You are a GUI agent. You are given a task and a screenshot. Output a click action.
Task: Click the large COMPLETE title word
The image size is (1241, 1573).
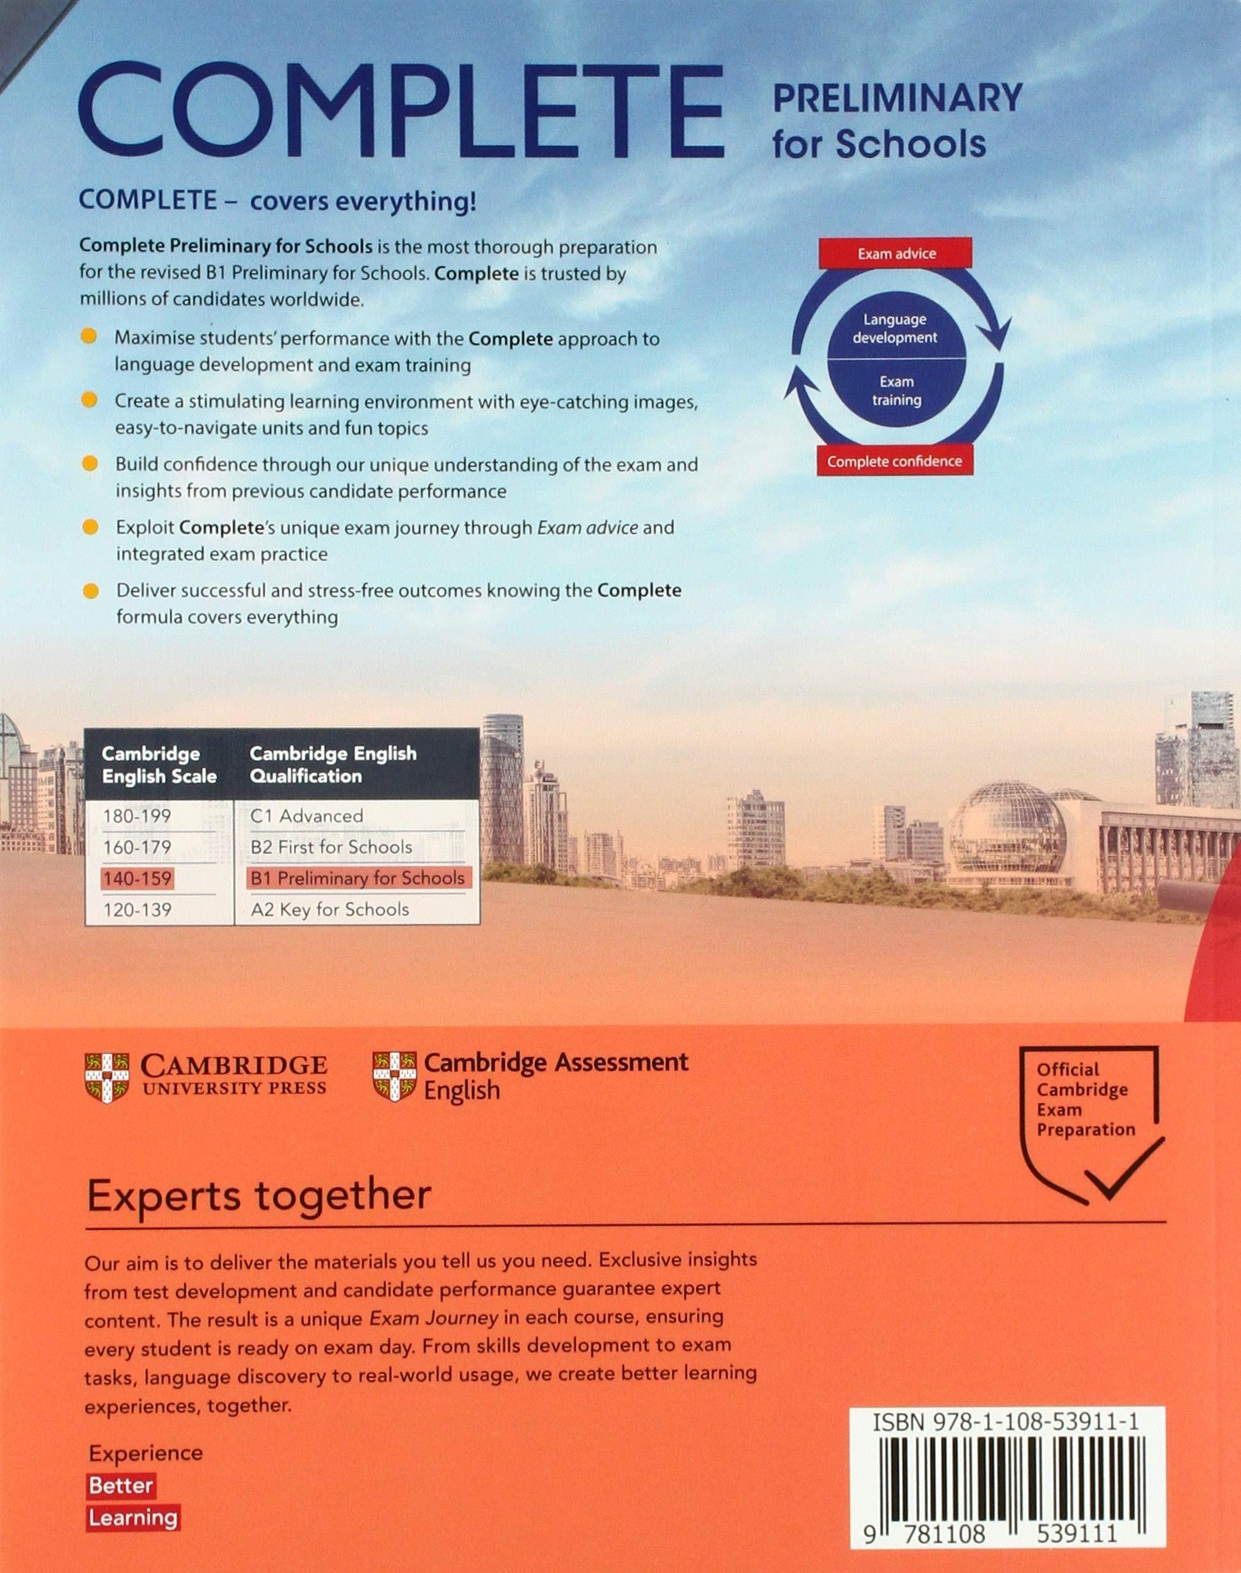[x=401, y=111]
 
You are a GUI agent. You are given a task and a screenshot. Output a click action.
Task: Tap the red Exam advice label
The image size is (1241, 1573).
[x=896, y=253]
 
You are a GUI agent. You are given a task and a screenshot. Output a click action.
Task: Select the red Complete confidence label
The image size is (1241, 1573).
[x=894, y=461]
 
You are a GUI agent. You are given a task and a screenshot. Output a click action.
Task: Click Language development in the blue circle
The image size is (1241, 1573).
[x=895, y=328]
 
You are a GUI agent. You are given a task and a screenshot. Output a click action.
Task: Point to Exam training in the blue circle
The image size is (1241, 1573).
[x=897, y=391]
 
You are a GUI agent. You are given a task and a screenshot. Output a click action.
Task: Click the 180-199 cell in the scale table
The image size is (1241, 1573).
[x=138, y=816]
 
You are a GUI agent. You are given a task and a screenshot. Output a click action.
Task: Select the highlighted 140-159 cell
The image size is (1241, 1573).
[x=138, y=878]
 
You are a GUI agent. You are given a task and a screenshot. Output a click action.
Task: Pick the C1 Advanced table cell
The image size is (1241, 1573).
[x=306, y=816]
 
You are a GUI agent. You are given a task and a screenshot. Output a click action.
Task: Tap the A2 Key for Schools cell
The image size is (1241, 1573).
[x=330, y=910]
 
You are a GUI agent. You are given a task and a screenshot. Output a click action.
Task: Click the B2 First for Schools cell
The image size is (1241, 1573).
[x=331, y=847]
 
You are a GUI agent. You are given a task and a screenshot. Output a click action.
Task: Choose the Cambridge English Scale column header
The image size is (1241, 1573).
[x=159, y=765]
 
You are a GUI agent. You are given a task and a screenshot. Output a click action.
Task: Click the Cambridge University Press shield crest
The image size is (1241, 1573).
[x=107, y=1077]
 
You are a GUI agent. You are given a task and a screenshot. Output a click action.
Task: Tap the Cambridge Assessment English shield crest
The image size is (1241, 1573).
[x=394, y=1076]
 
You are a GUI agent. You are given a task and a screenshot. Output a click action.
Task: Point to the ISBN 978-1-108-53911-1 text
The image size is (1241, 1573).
[x=1006, y=1422]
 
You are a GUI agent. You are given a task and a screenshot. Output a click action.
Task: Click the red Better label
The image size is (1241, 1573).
[x=121, y=1485]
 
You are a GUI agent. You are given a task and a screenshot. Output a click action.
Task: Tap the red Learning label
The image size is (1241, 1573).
[x=133, y=1517]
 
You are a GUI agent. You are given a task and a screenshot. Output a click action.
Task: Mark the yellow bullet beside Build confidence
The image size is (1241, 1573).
[x=90, y=464]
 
